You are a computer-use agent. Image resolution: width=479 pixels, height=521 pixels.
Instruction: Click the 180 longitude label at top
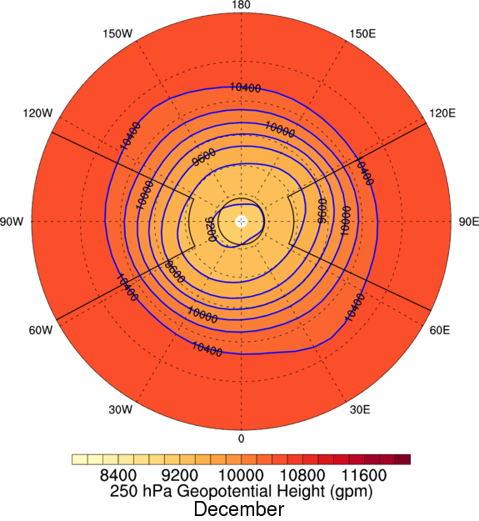[242, 6]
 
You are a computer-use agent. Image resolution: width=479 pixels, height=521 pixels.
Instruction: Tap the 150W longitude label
[117, 34]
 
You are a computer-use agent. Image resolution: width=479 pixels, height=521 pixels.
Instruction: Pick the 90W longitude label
[16, 222]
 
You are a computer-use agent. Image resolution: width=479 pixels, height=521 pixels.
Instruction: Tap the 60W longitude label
[41, 331]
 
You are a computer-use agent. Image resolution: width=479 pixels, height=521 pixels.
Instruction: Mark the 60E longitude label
[441, 331]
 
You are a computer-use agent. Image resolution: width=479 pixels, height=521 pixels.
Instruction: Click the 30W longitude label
[121, 409]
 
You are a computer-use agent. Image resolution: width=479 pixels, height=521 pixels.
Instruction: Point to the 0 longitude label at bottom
[242, 438]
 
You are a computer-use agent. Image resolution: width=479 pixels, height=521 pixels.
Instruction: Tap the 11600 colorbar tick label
[364, 477]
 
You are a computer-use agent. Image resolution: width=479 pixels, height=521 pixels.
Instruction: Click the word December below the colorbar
[240, 508]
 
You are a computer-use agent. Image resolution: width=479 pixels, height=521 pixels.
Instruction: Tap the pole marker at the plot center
[242, 222]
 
